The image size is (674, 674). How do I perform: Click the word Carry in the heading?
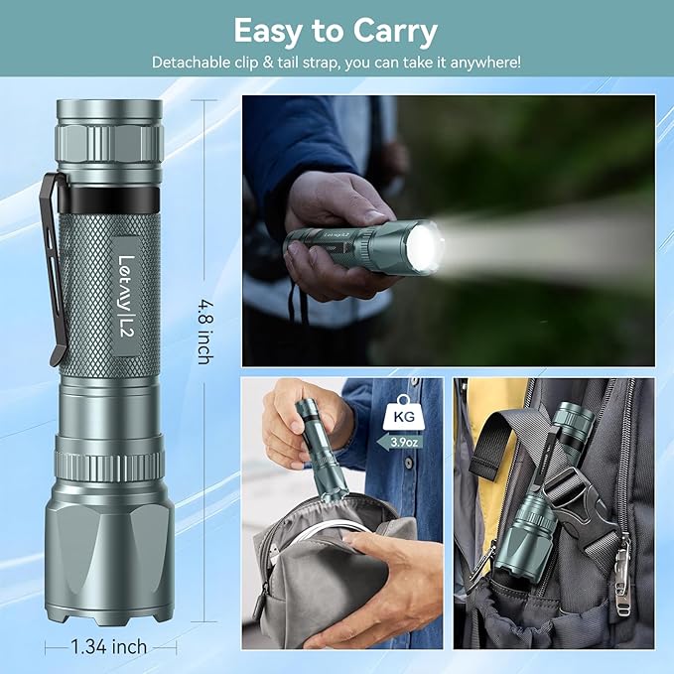(395, 32)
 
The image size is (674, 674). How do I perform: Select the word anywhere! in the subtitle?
(485, 63)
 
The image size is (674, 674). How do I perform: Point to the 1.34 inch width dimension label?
(109, 646)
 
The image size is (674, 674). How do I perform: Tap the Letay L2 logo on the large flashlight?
(127, 296)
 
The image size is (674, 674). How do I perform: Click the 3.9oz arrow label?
(400, 442)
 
